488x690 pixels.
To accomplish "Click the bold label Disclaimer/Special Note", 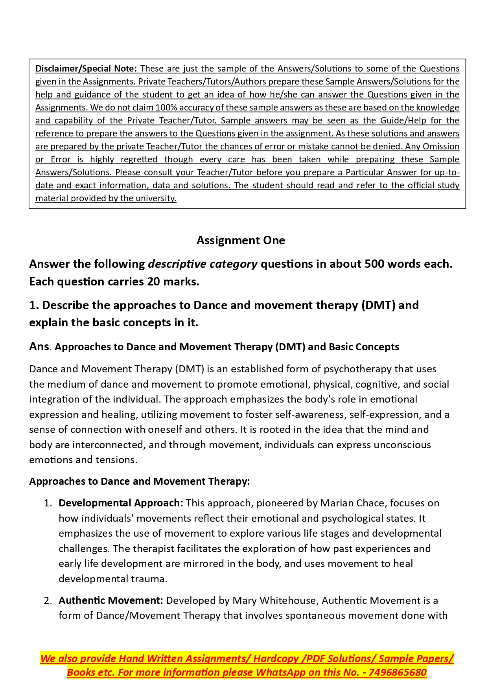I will [86, 68].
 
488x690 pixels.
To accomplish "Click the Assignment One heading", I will [241, 240].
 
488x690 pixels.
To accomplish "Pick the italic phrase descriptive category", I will [203, 264].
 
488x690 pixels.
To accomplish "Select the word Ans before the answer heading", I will [39, 346].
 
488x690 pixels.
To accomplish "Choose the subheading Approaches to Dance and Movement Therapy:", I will [139, 481].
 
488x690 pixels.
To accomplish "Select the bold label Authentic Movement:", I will [110, 600].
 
